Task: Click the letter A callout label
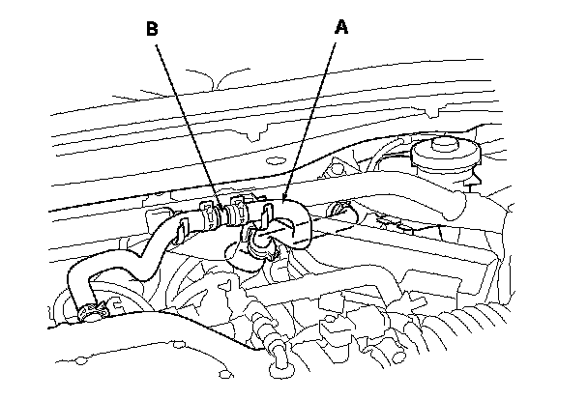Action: click(x=340, y=27)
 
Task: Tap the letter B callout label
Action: click(x=152, y=28)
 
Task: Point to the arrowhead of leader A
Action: click(x=285, y=201)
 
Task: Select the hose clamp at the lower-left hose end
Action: click(x=93, y=310)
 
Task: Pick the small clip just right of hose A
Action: click(x=338, y=210)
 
